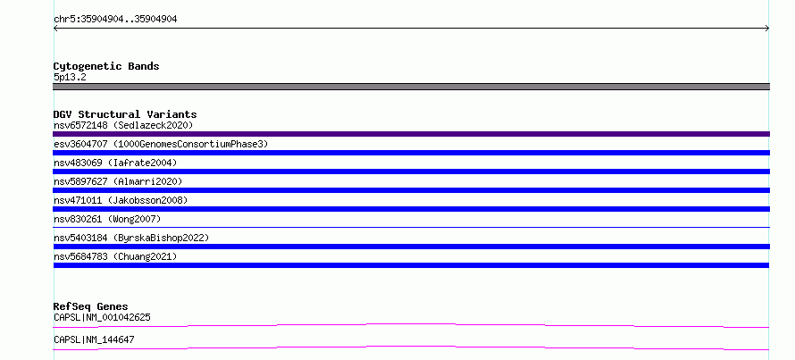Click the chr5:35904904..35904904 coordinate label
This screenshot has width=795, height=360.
pos(115,20)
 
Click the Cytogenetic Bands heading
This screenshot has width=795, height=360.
pos(106,66)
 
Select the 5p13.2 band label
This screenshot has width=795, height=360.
pos(70,78)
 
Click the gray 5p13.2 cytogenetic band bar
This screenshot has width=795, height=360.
pos(411,87)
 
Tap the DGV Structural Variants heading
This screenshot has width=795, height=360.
pos(125,114)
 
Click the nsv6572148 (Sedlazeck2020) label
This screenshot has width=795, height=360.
pos(123,125)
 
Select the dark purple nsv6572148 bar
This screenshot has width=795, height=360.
pos(411,134)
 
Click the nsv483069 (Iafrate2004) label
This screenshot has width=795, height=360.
pos(115,163)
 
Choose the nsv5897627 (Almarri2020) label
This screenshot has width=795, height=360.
pos(118,181)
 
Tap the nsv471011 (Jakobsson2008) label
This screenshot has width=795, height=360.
pos(121,200)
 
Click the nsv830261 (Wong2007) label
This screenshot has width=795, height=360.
pos(107,219)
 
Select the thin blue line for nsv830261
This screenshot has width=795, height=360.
pos(411,227)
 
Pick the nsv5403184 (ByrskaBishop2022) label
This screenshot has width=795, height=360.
pos(131,238)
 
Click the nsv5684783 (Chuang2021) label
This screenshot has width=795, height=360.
pos(115,256)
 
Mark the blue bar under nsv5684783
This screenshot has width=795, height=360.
pos(411,265)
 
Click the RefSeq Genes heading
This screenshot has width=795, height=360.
pos(90,306)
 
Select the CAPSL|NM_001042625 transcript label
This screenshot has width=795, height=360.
pos(102,318)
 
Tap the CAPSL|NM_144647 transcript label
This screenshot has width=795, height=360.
pos(94,340)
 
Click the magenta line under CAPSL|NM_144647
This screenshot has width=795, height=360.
pos(411,347)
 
